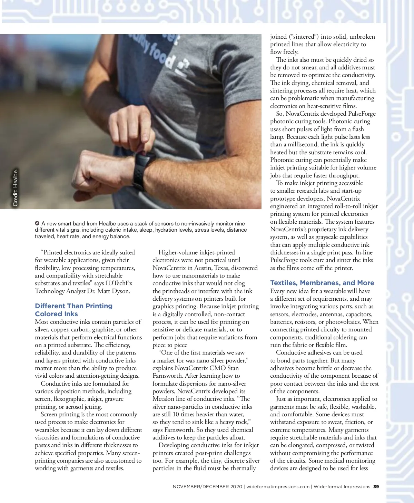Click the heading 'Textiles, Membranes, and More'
click(322, 283)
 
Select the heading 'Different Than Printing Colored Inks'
click(73, 310)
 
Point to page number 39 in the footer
click(376, 486)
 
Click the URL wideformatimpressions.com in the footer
click(278, 486)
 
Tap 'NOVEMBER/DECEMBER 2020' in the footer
click(207, 486)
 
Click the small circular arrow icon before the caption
click(37, 223)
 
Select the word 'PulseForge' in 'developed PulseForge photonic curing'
click(362, 114)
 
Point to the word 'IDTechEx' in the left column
click(119, 283)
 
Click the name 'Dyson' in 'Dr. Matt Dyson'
click(121, 291)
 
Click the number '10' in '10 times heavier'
click(176, 414)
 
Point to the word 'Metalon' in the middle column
click(164, 399)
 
